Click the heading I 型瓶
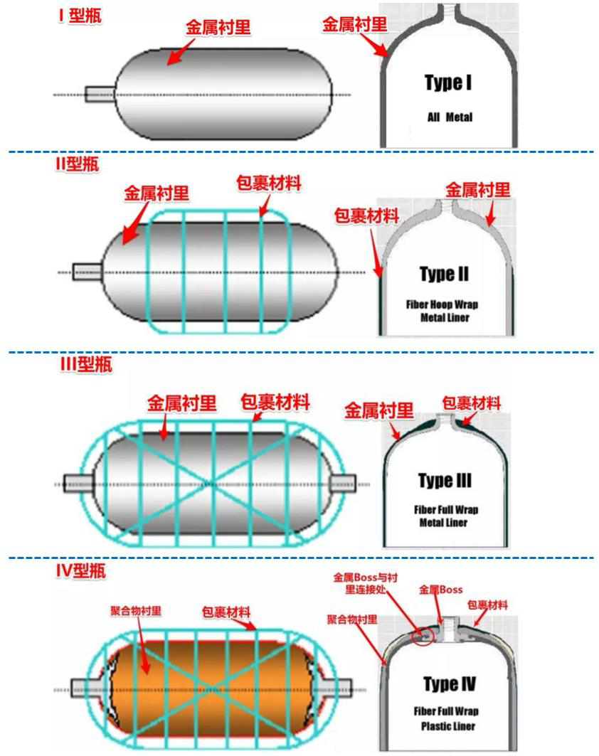pos(80,16)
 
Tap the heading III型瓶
pos(85,366)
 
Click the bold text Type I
pos(448,84)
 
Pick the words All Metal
pos(449,117)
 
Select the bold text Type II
pos(444,275)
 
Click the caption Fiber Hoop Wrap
pos(442,304)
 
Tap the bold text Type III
pos(445,481)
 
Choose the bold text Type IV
pos(449,684)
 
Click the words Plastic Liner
pos(446,726)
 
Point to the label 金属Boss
pos(440,590)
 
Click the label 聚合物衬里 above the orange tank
pos(135,611)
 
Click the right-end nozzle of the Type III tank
pos(345,484)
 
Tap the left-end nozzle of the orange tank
pos(84,688)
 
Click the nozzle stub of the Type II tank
pos(88,271)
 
